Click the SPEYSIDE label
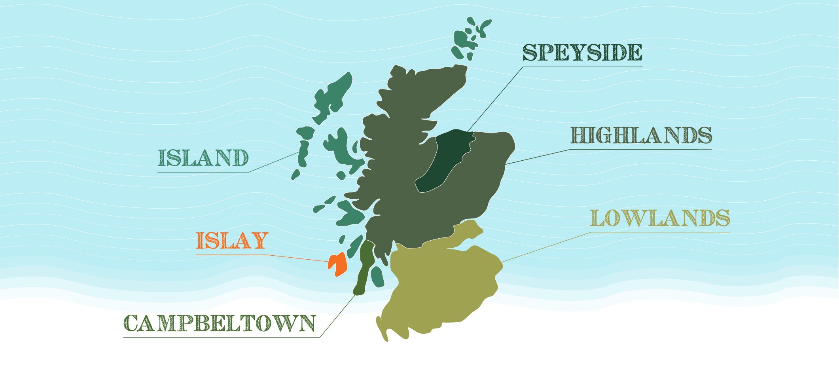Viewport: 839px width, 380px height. click(x=582, y=52)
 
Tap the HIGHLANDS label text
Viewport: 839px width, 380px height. click(x=641, y=135)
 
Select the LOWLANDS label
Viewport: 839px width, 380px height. click(x=660, y=218)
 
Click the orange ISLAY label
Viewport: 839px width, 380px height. click(x=232, y=241)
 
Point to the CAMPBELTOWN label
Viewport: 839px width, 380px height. click(x=220, y=323)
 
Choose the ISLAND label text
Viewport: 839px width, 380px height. click(x=203, y=158)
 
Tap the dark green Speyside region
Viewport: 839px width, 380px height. click(x=443, y=162)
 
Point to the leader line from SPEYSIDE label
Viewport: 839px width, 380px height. click(x=494, y=99)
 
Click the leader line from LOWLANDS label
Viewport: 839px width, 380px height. click(x=546, y=247)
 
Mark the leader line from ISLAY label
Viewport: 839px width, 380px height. click(x=297, y=258)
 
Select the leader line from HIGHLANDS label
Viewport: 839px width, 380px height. click(x=538, y=157)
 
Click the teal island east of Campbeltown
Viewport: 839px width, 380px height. click(x=377, y=276)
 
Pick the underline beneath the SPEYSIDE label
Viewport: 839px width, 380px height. click(x=582, y=66)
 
